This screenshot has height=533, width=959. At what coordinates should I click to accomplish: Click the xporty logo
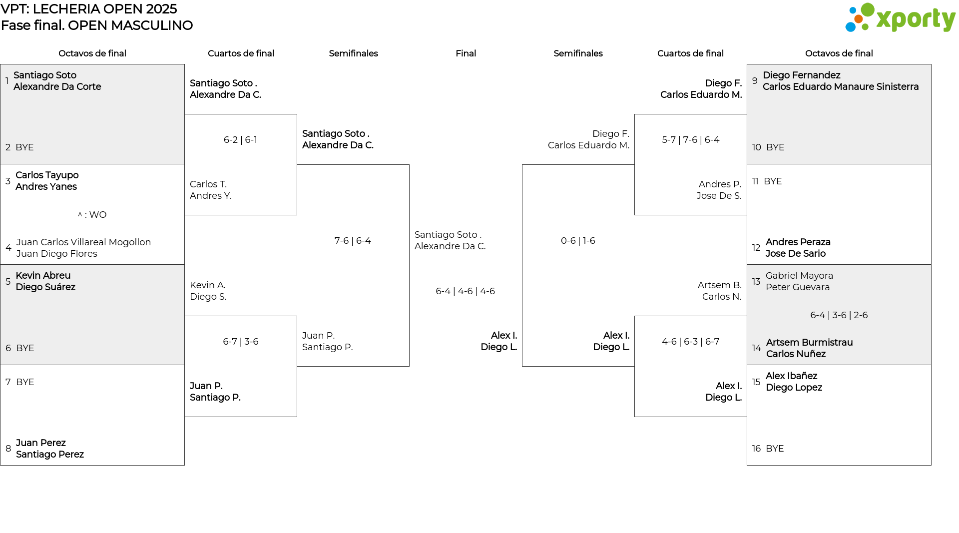click(900, 18)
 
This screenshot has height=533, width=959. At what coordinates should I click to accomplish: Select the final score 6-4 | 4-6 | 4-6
click(465, 291)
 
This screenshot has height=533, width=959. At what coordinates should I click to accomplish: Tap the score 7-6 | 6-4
click(353, 241)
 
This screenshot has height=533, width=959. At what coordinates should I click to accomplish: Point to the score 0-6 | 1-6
click(578, 241)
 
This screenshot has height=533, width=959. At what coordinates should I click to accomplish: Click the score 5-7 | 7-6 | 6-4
click(690, 140)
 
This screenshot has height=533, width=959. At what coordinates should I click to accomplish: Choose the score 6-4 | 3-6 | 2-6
click(839, 315)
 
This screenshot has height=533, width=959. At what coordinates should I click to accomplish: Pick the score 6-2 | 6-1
click(240, 140)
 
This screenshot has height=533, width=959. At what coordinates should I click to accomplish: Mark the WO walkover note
click(92, 215)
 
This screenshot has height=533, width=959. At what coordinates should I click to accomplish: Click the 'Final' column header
click(466, 53)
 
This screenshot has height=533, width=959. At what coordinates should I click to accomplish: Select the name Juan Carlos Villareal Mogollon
click(83, 242)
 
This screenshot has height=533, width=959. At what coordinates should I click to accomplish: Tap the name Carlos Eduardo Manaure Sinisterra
click(841, 87)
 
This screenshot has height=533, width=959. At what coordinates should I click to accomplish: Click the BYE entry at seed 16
click(775, 449)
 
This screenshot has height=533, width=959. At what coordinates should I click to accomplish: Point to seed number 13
click(756, 282)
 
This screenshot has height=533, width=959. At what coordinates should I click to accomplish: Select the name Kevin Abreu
click(43, 276)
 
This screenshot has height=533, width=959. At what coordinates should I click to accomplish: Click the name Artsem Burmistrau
click(809, 343)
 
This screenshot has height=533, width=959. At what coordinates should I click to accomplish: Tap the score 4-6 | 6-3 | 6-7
click(690, 342)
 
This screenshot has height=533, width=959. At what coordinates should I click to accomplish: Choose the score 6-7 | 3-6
click(240, 342)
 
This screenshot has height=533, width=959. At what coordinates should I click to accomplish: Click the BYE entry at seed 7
click(25, 382)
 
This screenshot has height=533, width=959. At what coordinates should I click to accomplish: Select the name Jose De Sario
click(795, 254)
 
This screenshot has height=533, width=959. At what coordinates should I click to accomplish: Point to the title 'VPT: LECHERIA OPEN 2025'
click(89, 9)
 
